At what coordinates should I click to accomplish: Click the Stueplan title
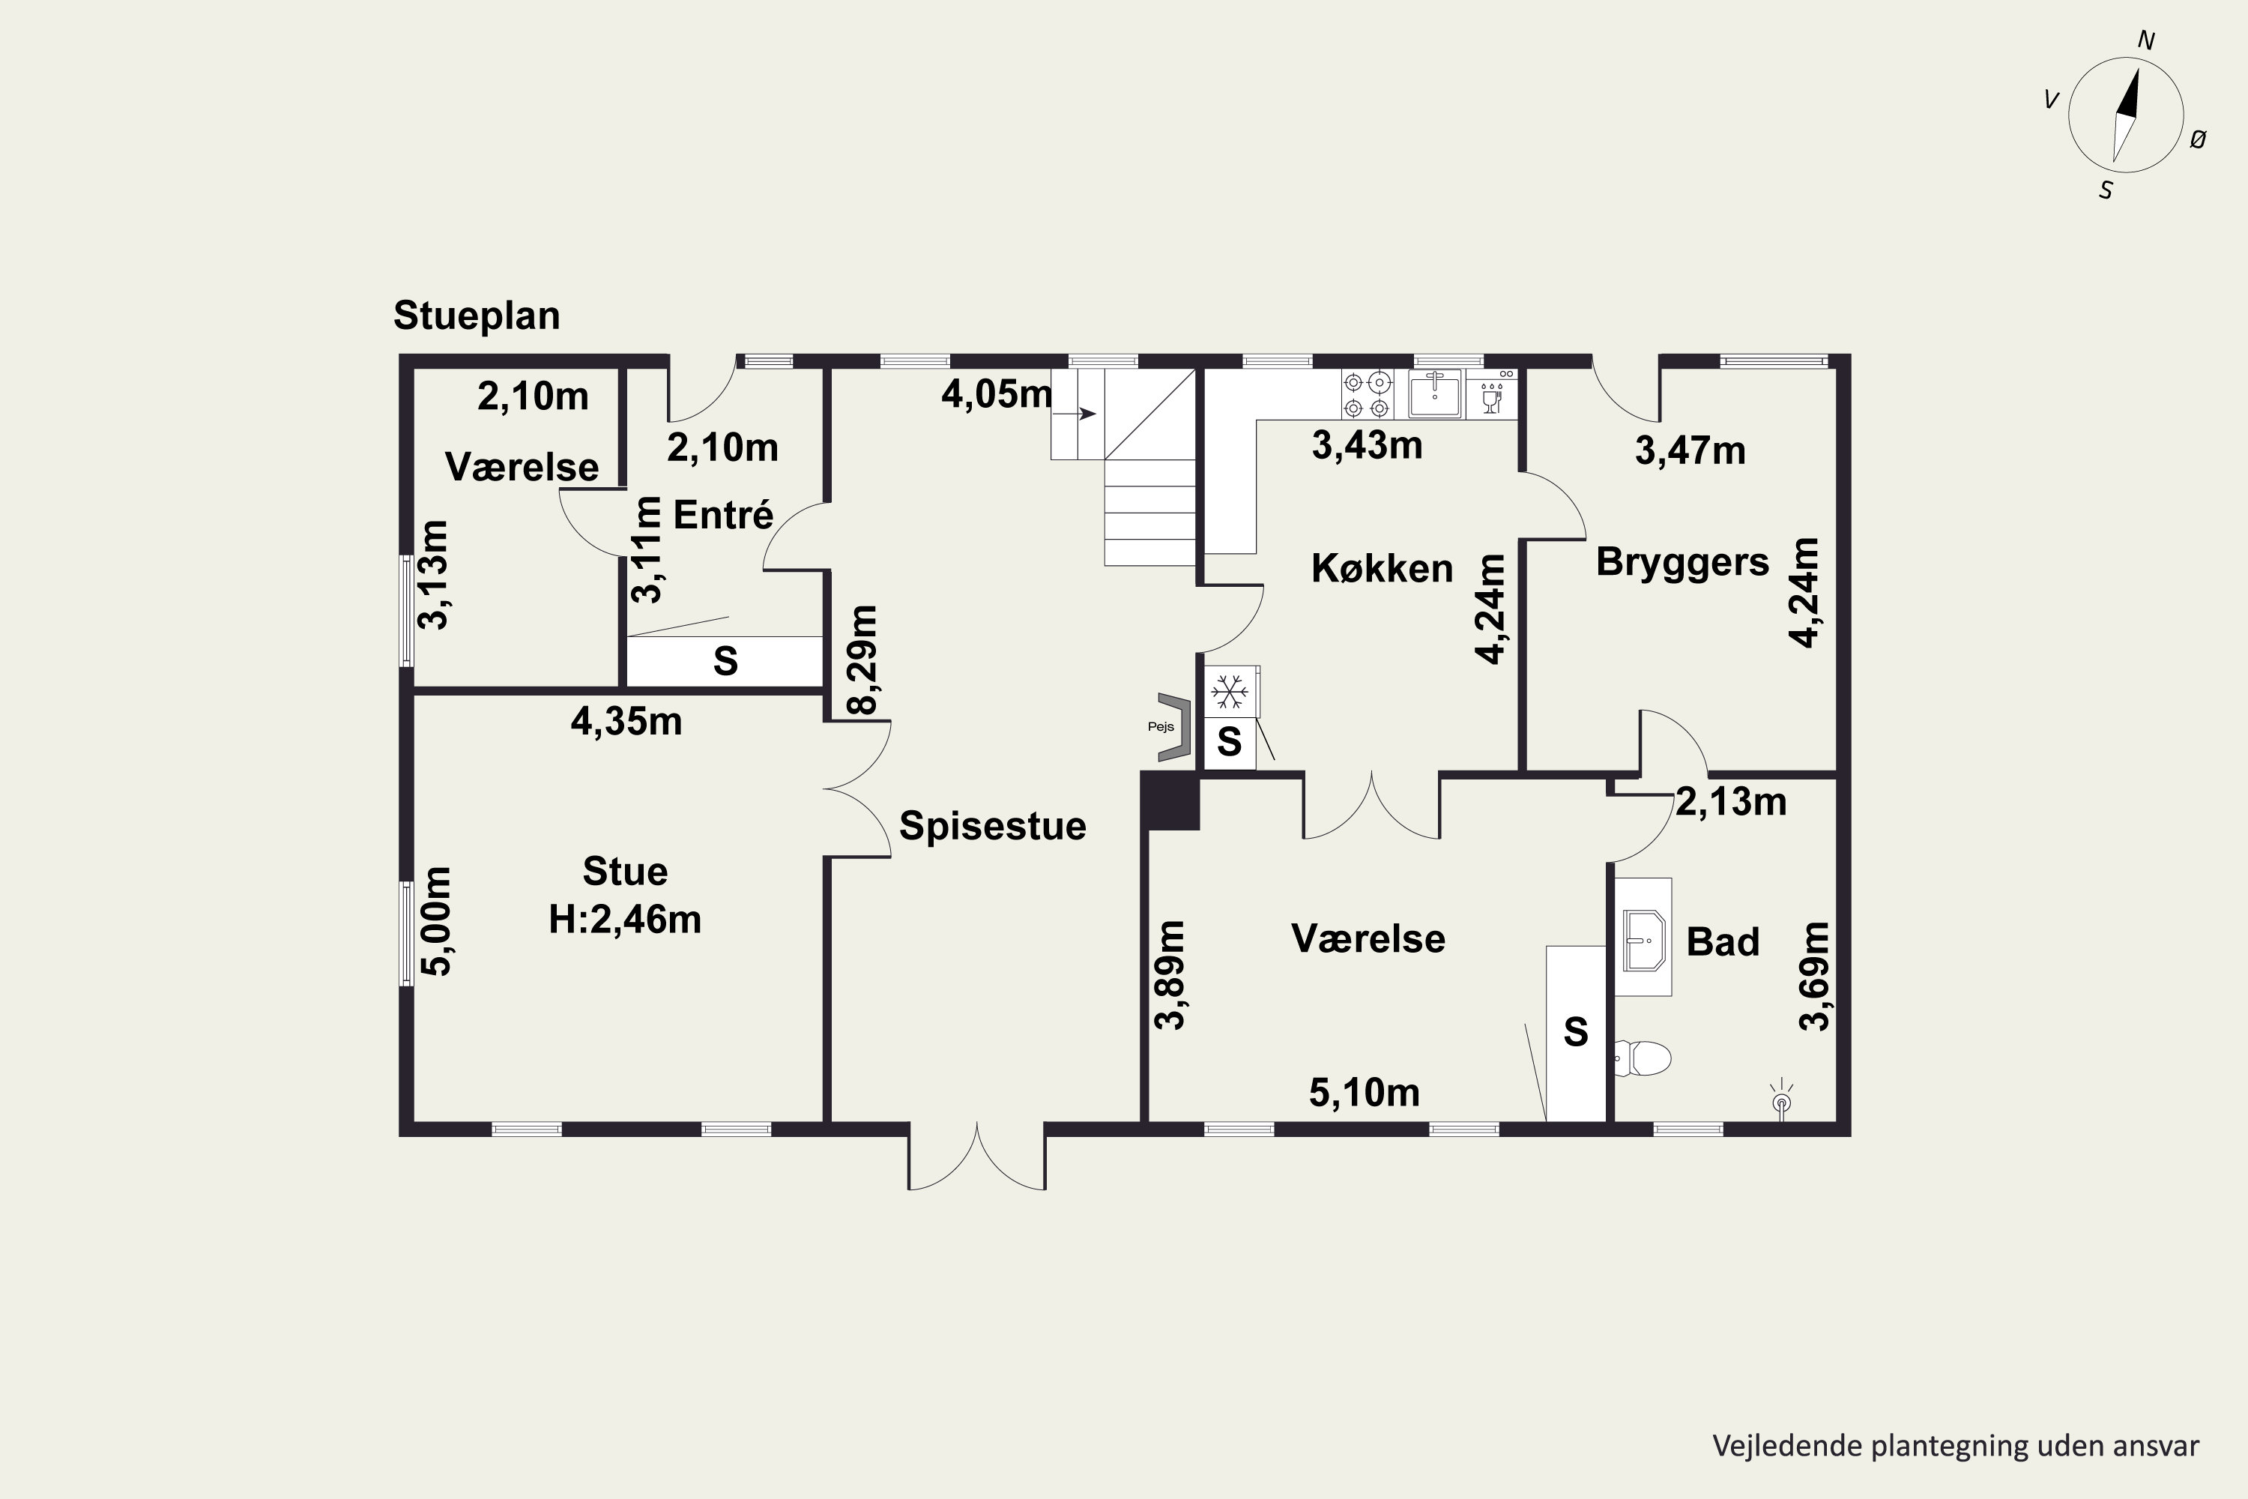(476, 316)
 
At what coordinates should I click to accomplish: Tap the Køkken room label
(1382, 569)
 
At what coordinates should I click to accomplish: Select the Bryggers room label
(1682, 562)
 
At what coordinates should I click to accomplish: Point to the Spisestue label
(992, 826)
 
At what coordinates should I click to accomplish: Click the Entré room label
(722, 516)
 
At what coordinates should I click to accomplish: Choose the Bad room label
(1722, 941)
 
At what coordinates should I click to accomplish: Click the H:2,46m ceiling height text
(625, 920)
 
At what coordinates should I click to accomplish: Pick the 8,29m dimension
(862, 660)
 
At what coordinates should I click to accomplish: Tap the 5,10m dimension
(1364, 1092)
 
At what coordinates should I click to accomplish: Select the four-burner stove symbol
(1368, 395)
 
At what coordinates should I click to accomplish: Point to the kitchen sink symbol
(1435, 394)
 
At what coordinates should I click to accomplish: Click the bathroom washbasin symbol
(1643, 940)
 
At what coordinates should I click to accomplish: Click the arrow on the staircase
(1075, 414)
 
